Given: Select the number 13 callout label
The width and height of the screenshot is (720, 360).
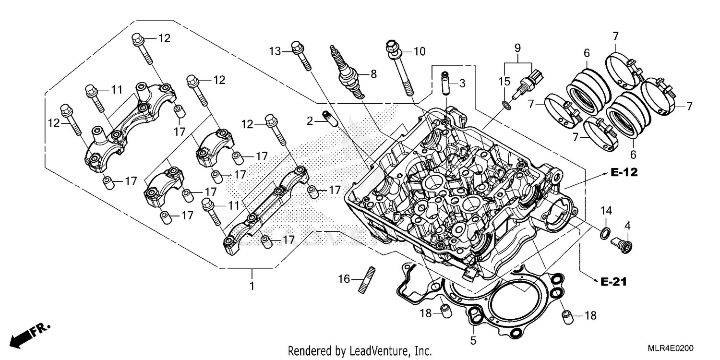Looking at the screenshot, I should (275, 50).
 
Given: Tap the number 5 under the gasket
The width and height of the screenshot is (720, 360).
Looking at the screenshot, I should (473, 341).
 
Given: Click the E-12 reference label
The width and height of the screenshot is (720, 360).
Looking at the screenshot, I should (624, 173).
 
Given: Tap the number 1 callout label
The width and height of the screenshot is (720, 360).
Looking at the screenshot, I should (252, 286).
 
